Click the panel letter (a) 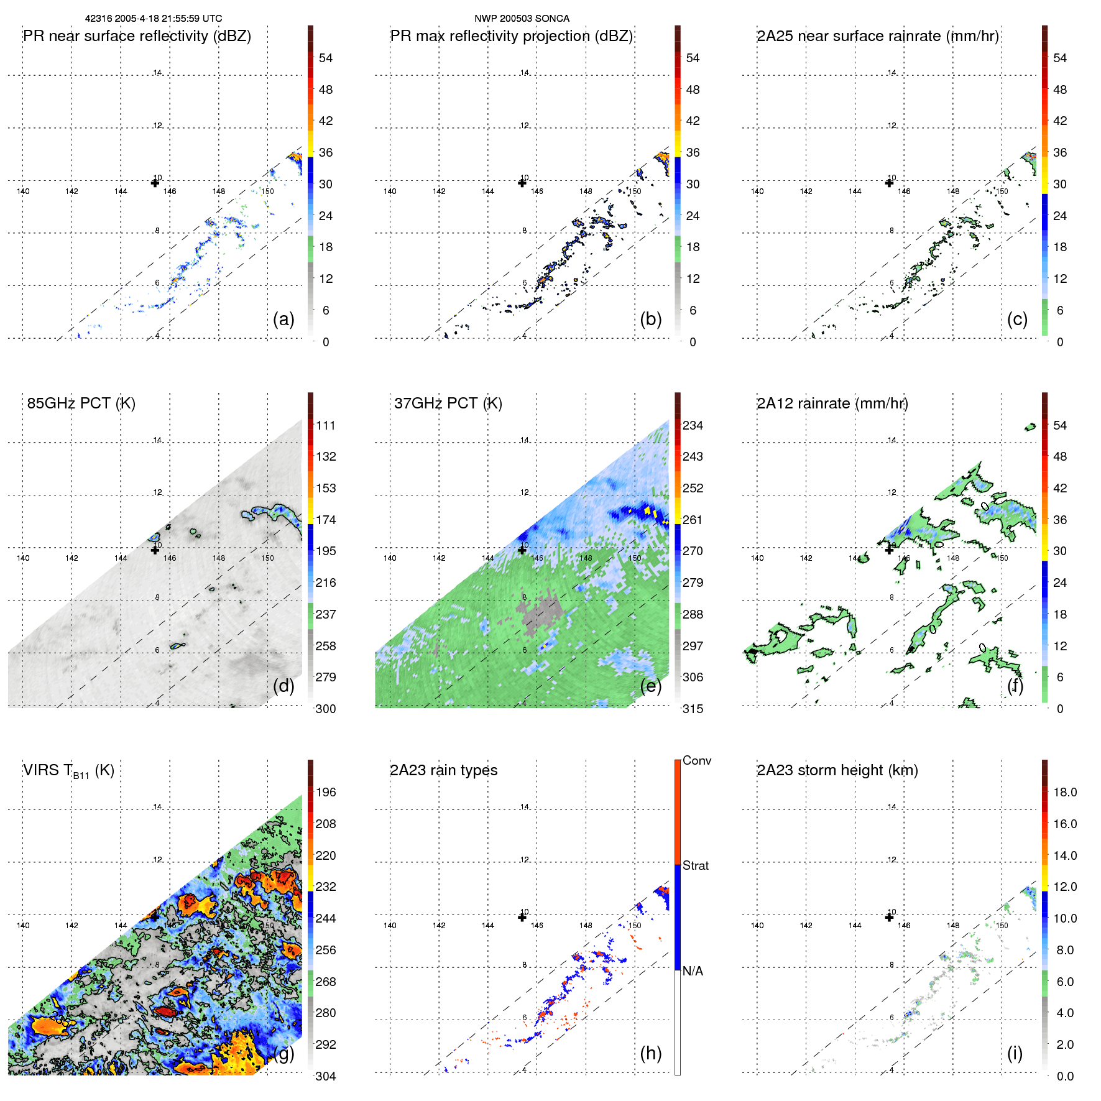[283, 320]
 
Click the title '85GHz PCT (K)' [81, 403]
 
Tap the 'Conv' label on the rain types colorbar [696, 760]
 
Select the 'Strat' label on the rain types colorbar [695, 865]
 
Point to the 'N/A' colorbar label [693, 971]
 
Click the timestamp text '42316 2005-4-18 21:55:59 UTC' [154, 19]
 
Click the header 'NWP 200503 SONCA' [522, 19]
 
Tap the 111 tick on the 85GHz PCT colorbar [326, 425]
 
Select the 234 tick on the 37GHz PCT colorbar [693, 425]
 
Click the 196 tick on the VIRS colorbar [326, 792]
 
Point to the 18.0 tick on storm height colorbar [1064, 792]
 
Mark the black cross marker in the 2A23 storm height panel [889, 917]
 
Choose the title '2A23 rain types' [443, 770]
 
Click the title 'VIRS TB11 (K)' [68, 771]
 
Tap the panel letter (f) [1015, 686]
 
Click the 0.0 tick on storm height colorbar [1064, 1076]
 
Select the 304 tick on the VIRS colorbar [326, 1076]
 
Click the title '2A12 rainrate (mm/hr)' [832, 403]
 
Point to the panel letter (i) [1015, 1053]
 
